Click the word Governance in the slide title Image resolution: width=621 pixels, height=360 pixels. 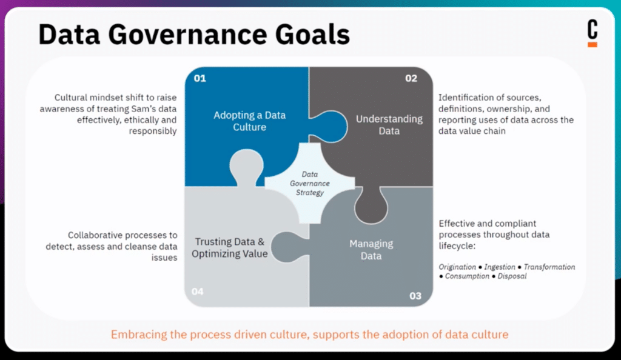[x=187, y=35]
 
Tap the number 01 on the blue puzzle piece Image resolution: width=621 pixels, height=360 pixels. [x=200, y=78]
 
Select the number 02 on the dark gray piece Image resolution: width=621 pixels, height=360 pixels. [x=411, y=78]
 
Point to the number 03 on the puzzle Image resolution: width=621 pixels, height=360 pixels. [x=415, y=296]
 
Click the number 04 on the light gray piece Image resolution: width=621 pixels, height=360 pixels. [x=197, y=292]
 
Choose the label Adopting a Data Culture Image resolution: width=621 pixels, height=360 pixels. [x=249, y=121]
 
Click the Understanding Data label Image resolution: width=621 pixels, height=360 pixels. [x=389, y=125]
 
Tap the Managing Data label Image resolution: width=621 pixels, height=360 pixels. [x=371, y=250]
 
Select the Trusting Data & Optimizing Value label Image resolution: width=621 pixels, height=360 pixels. [x=230, y=248]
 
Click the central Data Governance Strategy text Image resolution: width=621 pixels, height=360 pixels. [x=310, y=183]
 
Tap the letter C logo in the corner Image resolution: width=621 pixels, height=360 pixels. [x=592, y=29]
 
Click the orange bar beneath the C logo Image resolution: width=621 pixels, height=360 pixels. [x=592, y=45]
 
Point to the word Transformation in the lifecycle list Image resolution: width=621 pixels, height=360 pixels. [x=549, y=267]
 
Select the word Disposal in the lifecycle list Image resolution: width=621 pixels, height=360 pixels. [x=512, y=276]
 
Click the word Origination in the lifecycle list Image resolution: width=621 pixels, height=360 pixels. [x=457, y=267]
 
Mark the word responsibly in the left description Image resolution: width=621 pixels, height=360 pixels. [x=152, y=132]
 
